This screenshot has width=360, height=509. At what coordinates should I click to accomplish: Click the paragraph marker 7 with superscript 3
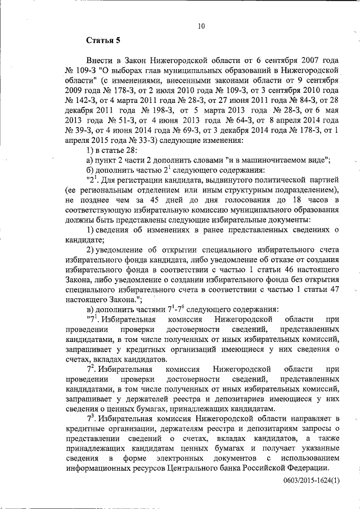coord(90,418)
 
